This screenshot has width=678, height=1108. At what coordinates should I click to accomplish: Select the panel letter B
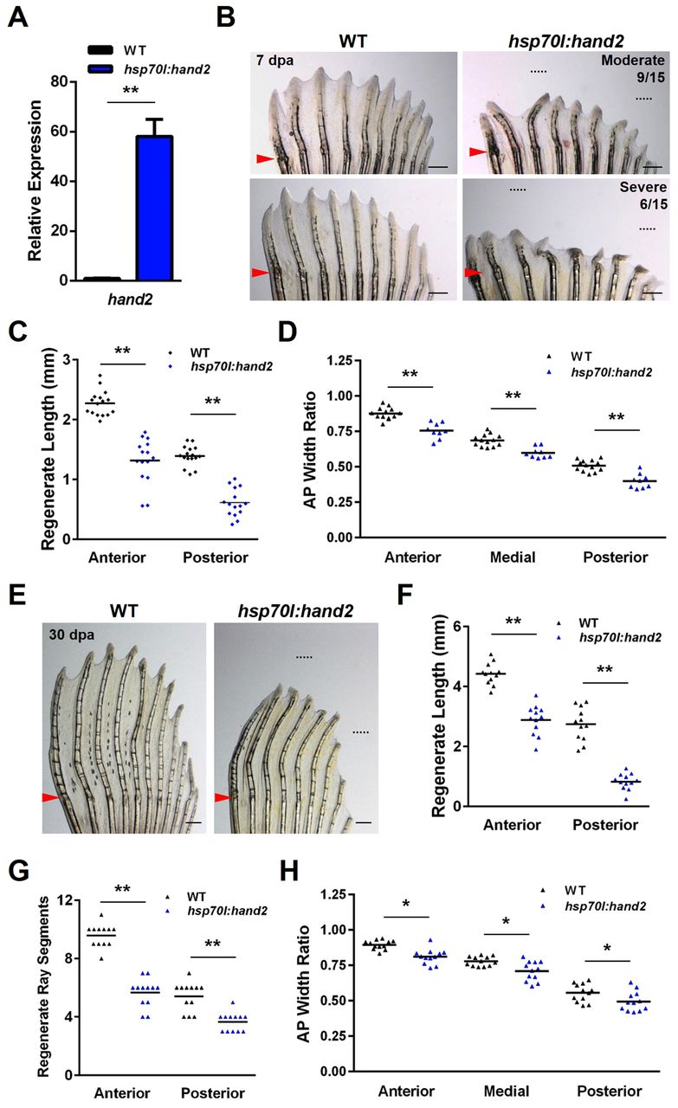226,15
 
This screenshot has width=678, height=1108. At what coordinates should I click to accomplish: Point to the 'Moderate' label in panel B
635,60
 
